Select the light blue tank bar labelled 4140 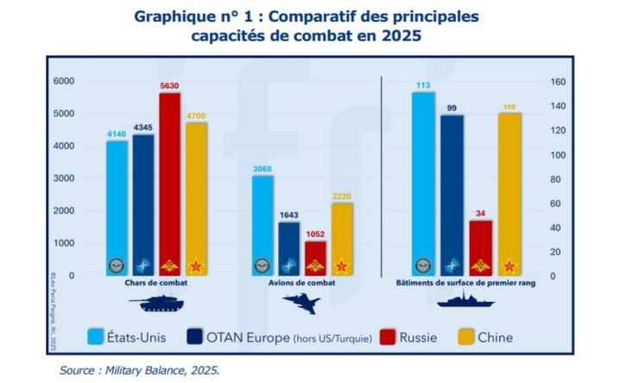tap(117, 207)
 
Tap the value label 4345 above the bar tap(143, 128)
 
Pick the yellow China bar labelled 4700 tap(196, 199)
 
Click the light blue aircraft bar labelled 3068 tap(263, 225)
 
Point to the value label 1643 tap(289, 215)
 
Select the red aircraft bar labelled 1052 tap(315, 258)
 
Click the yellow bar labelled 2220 tap(342, 239)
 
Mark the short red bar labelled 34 tap(480, 247)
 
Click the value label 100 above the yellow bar tap(509, 106)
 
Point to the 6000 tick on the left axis tap(65, 81)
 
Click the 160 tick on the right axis tap(558, 82)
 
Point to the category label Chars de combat tap(156, 283)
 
